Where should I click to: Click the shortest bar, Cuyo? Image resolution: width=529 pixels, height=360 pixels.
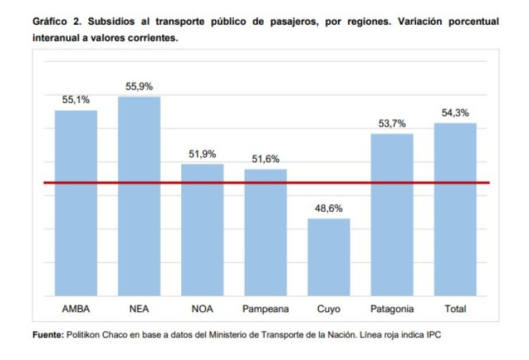tap(329, 257)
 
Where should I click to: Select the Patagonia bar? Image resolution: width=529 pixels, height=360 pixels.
tap(392, 215)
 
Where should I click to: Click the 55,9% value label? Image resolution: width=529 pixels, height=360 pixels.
tap(139, 86)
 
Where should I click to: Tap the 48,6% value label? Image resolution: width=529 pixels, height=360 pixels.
tap(329, 208)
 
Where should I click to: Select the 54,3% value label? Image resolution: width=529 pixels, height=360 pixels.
tap(455, 113)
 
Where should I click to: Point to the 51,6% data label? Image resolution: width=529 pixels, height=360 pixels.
tap(265, 159)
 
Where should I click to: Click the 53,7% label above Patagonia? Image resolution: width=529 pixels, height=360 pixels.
tap(392, 124)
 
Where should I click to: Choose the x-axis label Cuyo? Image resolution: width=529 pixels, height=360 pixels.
tap(329, 308)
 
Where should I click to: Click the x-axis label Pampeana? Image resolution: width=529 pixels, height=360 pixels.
tap(265, 308)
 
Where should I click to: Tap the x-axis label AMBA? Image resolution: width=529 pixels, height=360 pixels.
tap(76, 308)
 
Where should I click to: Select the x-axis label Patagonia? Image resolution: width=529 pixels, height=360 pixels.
tap(392, 308)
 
